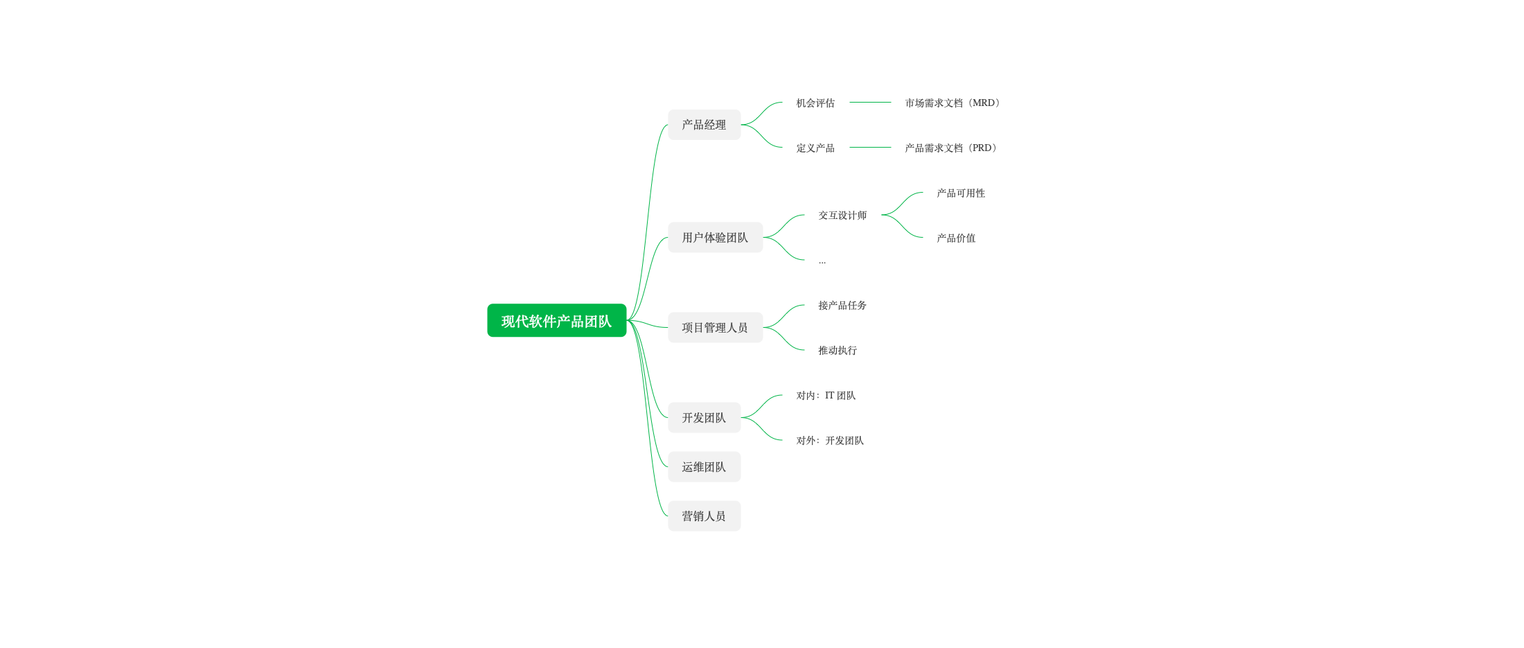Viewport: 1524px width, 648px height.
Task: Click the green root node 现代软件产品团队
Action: [x=557, y=320]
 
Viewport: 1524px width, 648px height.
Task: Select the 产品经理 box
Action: [x=705, y=125]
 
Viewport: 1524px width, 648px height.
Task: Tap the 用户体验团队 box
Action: [x=716, y=238]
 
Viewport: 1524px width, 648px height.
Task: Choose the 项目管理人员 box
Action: [x=716, y=328]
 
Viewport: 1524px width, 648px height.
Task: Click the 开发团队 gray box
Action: [x=705, y=418]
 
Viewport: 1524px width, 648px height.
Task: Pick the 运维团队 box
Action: [x=705, y=467]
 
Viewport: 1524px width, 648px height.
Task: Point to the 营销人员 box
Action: [x=705, y=516]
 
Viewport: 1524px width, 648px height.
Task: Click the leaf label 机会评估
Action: [x=815, y=103]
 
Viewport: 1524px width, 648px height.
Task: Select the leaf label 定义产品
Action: [x=815, y=148]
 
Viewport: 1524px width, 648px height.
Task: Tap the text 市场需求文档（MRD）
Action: [x=953, y=103]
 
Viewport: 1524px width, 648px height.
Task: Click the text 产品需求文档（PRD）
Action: [x=952, y=148]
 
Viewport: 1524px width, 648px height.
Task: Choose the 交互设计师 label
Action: [x=842, y=216]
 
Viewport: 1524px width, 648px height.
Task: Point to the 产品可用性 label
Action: [x=961, y=193]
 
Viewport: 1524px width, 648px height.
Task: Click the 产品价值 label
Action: [x=956, y=238]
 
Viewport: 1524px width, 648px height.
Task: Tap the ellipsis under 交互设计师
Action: [x=822, y=262]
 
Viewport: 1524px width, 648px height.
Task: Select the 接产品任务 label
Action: [x=842, y=306]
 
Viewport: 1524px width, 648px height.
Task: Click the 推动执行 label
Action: [x=838, y=351]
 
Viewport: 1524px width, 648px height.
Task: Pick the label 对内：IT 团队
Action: [x=826, y=396]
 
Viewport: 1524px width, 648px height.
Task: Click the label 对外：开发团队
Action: [x=830, y=441]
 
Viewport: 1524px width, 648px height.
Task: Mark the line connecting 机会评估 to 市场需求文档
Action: [x=870, y=103]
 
